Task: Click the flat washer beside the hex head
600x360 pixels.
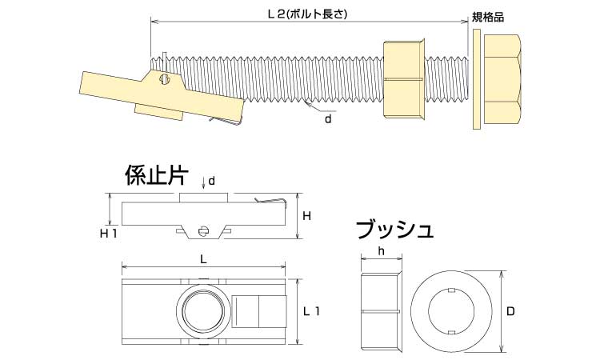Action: point(476,80)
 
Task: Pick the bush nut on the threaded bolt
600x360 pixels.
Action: point(405,80)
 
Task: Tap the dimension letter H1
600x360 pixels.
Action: point(109,234)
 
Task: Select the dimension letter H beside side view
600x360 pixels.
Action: point(306,217)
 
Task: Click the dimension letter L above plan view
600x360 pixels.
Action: point(204,259)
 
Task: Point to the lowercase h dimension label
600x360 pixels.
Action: point(381,250)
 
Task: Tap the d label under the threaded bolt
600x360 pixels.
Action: point(327,118)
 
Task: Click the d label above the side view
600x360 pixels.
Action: point(212,182)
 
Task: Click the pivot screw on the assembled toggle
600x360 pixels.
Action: point(166,79)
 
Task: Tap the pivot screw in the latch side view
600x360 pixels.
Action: point(204,233)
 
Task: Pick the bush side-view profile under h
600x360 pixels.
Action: point(382,311)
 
